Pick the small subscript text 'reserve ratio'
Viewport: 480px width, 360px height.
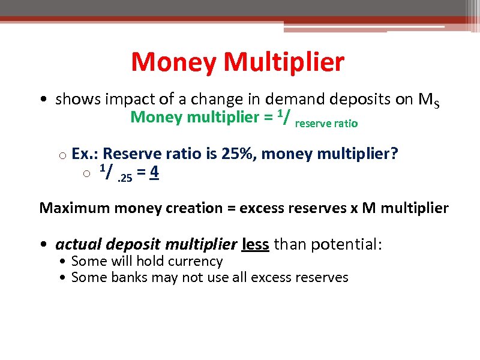(327, 124)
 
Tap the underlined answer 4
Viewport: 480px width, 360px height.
(154, 173)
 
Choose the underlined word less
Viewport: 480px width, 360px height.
(255, 244)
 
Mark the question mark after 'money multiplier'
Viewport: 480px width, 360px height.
(394, 154)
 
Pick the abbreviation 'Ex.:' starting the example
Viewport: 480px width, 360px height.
(85, 154)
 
